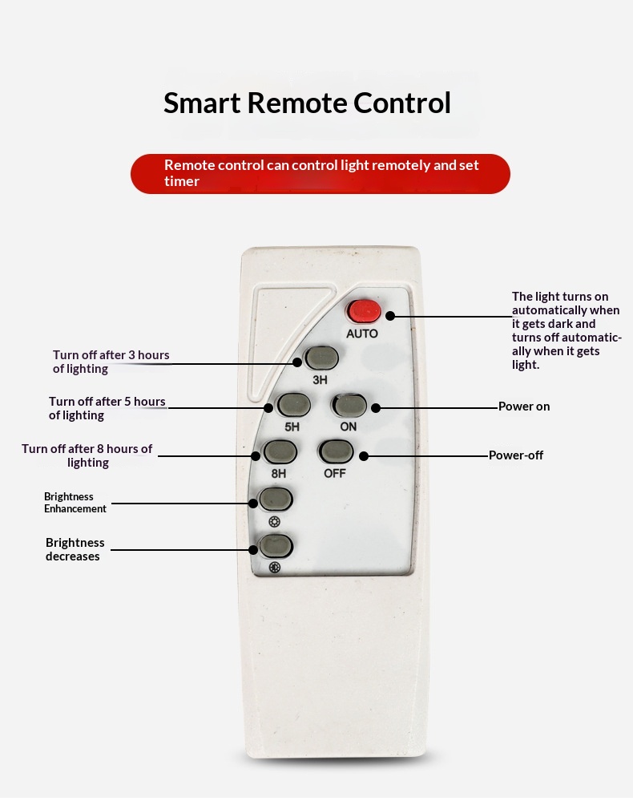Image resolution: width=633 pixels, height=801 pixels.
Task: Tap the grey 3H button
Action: pyautogui.click(x=322, y=358)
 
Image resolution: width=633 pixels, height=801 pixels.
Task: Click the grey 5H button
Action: pyautogui.click(x=293, y=405)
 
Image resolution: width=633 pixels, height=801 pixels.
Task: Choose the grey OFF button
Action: pyautogui.click(x=336, y=452)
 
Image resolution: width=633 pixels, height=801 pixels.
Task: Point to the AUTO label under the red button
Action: pyautogui.click(x=361, y=334)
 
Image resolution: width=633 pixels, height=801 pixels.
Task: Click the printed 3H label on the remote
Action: pyautogui.click(x=321, y=379)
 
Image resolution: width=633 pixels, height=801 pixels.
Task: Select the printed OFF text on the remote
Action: pyautogui.click(x=335, y=473)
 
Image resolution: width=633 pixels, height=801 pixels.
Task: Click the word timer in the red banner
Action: pyautogui.click(x=182, y=181)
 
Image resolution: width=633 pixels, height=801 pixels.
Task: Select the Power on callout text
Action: pyautogui.click(x=524, y=407)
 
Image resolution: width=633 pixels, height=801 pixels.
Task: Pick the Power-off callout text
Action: pyautogui.click(x=516, y=455)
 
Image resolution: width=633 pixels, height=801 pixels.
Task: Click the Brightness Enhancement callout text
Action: pyautogui.click(x=75, y=503)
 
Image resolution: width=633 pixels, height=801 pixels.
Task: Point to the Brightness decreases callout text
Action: pyautogui.click(x=75, y=549)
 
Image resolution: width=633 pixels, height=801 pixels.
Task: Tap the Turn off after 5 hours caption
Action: pyautogui.click(x=107, y=408)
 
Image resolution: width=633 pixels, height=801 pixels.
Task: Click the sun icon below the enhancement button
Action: pyautogui.click(x=275, y=522)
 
